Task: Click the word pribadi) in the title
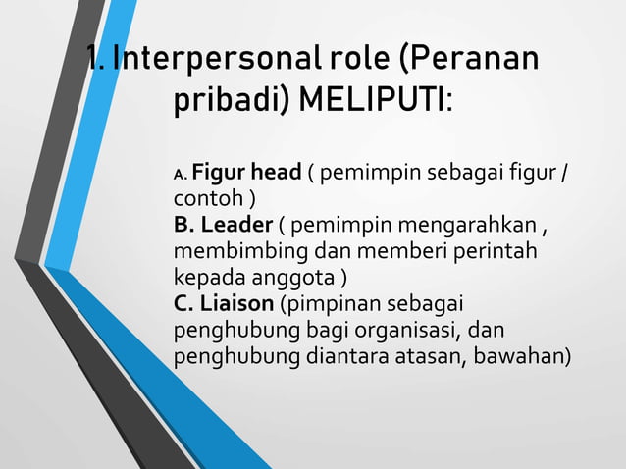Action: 233,101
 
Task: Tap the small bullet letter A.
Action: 181,176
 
